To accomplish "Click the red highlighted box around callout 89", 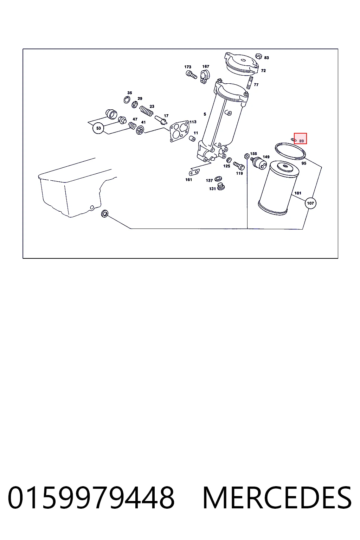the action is tap(300, 139).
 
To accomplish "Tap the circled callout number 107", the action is tap(310, 203).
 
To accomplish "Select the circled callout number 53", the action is tap(98, 128).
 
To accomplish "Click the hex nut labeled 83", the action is tap(259, 56).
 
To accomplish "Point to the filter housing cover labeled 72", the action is tap(242, 63).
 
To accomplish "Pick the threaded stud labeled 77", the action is tap(250, 83).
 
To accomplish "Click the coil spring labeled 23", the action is tap(146, 111).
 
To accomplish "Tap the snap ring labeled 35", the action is tap(127, 99).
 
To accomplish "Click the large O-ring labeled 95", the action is tap(290, 151).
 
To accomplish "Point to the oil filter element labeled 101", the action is tap(278, 188).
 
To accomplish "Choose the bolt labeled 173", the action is tap(192, 75).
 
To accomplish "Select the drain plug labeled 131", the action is tap(221, 186).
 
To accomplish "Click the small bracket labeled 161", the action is tap(194, 173).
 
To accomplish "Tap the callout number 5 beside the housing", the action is tap(205, 114).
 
